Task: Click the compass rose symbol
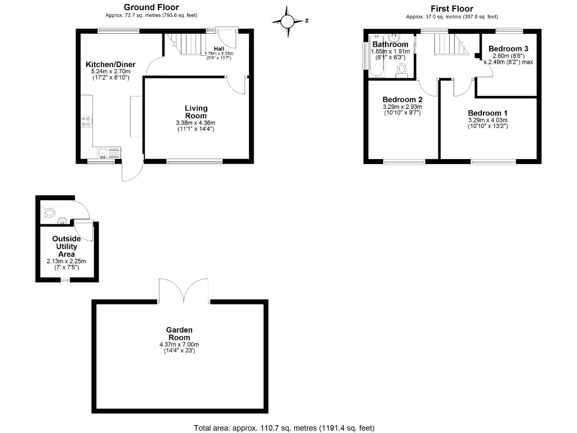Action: [x=288, y=21]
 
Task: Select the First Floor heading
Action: [x=451, y=8]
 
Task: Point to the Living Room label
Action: [x=196, y=112]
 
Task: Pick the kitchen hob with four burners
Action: [x=87, y=122]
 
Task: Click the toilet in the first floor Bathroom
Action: [x=402, y=68]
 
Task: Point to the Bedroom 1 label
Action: [x=487, y=112]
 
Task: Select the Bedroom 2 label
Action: [x=402, y=99]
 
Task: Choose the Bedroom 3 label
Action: [x=507, y=48]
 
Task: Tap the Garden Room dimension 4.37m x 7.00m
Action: [x=179, y=344]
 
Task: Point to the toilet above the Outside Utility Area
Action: [x=50, y=212]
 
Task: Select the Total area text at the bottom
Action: [x=284, y=428]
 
